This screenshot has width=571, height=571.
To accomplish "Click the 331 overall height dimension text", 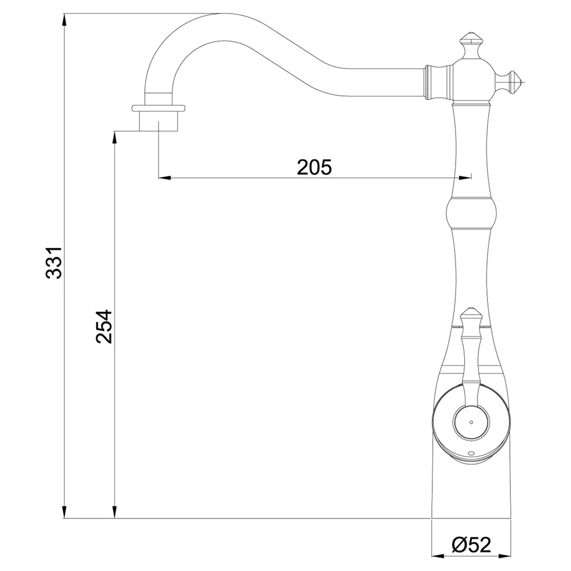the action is pos(54,263).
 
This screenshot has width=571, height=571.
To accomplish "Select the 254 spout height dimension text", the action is pos(104,327).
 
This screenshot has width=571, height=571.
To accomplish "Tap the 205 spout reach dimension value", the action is pos(314,167).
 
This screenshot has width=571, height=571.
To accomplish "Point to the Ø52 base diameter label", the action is pos(471,545).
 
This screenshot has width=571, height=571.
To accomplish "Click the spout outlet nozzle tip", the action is pos(158,120).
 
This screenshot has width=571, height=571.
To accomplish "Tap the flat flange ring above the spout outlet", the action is pos(158,108).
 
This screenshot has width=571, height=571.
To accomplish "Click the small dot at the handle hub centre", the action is pos(471,423).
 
